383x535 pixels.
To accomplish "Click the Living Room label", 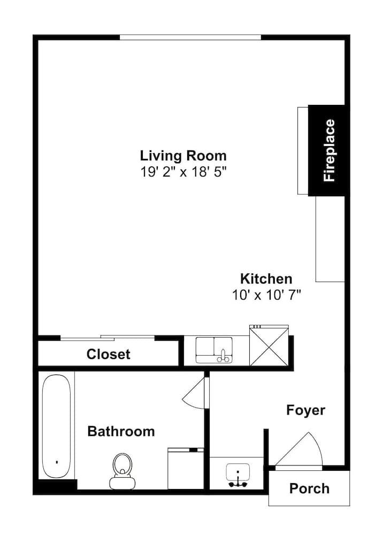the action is click(x=183, y=156).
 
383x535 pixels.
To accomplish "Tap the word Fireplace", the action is click(x=330, y=150).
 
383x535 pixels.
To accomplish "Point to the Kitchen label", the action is click(x=266, y=279).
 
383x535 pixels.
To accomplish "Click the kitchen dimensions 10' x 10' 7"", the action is click(x=267, y=294).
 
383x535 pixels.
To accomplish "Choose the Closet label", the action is click(x=108, y=354).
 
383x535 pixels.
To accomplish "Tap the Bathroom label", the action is click(x=121, y=431).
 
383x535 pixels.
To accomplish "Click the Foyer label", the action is click(x=305, y=410).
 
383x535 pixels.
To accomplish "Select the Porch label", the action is click(x=309, y=488).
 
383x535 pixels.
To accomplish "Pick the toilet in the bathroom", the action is click(x=122, y=471).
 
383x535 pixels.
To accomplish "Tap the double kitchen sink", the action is click(x=214, y=350).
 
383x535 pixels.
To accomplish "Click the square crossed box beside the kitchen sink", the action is click(x=269, y=347).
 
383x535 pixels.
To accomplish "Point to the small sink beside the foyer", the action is click(x=238, y=475).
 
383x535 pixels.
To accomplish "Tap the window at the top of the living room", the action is click(x=190, y=37).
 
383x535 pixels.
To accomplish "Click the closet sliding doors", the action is click(x=108, y=338).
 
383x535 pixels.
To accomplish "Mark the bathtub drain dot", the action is click(x=57, y=462).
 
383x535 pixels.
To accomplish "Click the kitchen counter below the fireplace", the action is click(x=330, y=239).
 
